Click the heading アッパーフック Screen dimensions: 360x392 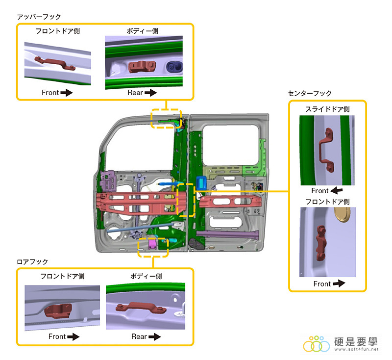[39, 17]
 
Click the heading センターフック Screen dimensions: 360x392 [310, 93]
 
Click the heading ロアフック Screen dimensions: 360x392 [33, 262]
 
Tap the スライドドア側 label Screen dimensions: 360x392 [326, 108]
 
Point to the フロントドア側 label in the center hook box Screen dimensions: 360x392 [327, 201]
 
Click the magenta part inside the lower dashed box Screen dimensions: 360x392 [152, 243]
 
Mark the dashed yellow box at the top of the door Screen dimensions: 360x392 [166, 118]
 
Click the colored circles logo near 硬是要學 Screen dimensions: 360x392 [317, 344]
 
